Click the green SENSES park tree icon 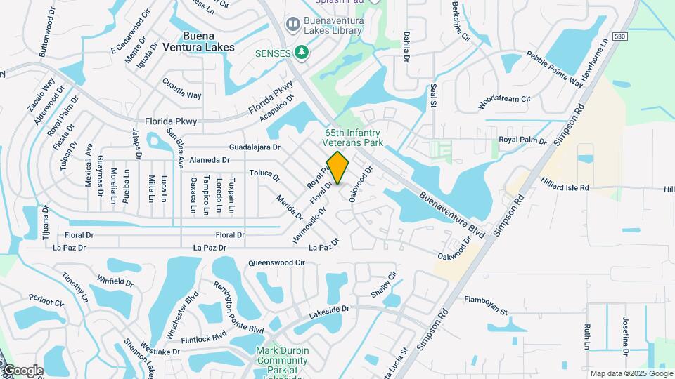[302, 52]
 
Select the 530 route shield [619, 36]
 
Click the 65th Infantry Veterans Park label [353, 137]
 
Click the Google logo [22, 371]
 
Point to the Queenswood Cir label [276, 263]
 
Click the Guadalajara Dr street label [255, 147]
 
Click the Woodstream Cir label [503, 99]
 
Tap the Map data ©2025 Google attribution [631, 373]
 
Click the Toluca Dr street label [264, 173]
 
